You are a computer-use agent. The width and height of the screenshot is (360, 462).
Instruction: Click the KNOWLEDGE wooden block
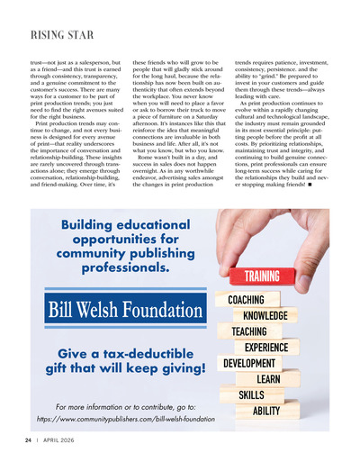pos(265,315)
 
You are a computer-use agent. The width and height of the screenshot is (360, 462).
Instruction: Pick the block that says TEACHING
pos(249,331)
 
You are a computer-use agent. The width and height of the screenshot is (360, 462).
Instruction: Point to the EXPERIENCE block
pos(266,348)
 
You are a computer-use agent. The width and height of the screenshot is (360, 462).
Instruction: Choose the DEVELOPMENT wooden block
pos(249,363)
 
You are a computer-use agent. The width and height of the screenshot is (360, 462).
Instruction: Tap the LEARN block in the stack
pos(268,379)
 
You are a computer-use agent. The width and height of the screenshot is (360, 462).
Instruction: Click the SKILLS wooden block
pos(251,394)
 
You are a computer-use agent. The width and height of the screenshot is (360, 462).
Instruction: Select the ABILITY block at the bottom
pos(265,411)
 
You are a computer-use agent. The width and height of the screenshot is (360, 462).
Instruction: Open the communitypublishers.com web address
pos(126,419)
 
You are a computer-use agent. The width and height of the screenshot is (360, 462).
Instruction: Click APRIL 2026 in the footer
pos(59,439)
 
